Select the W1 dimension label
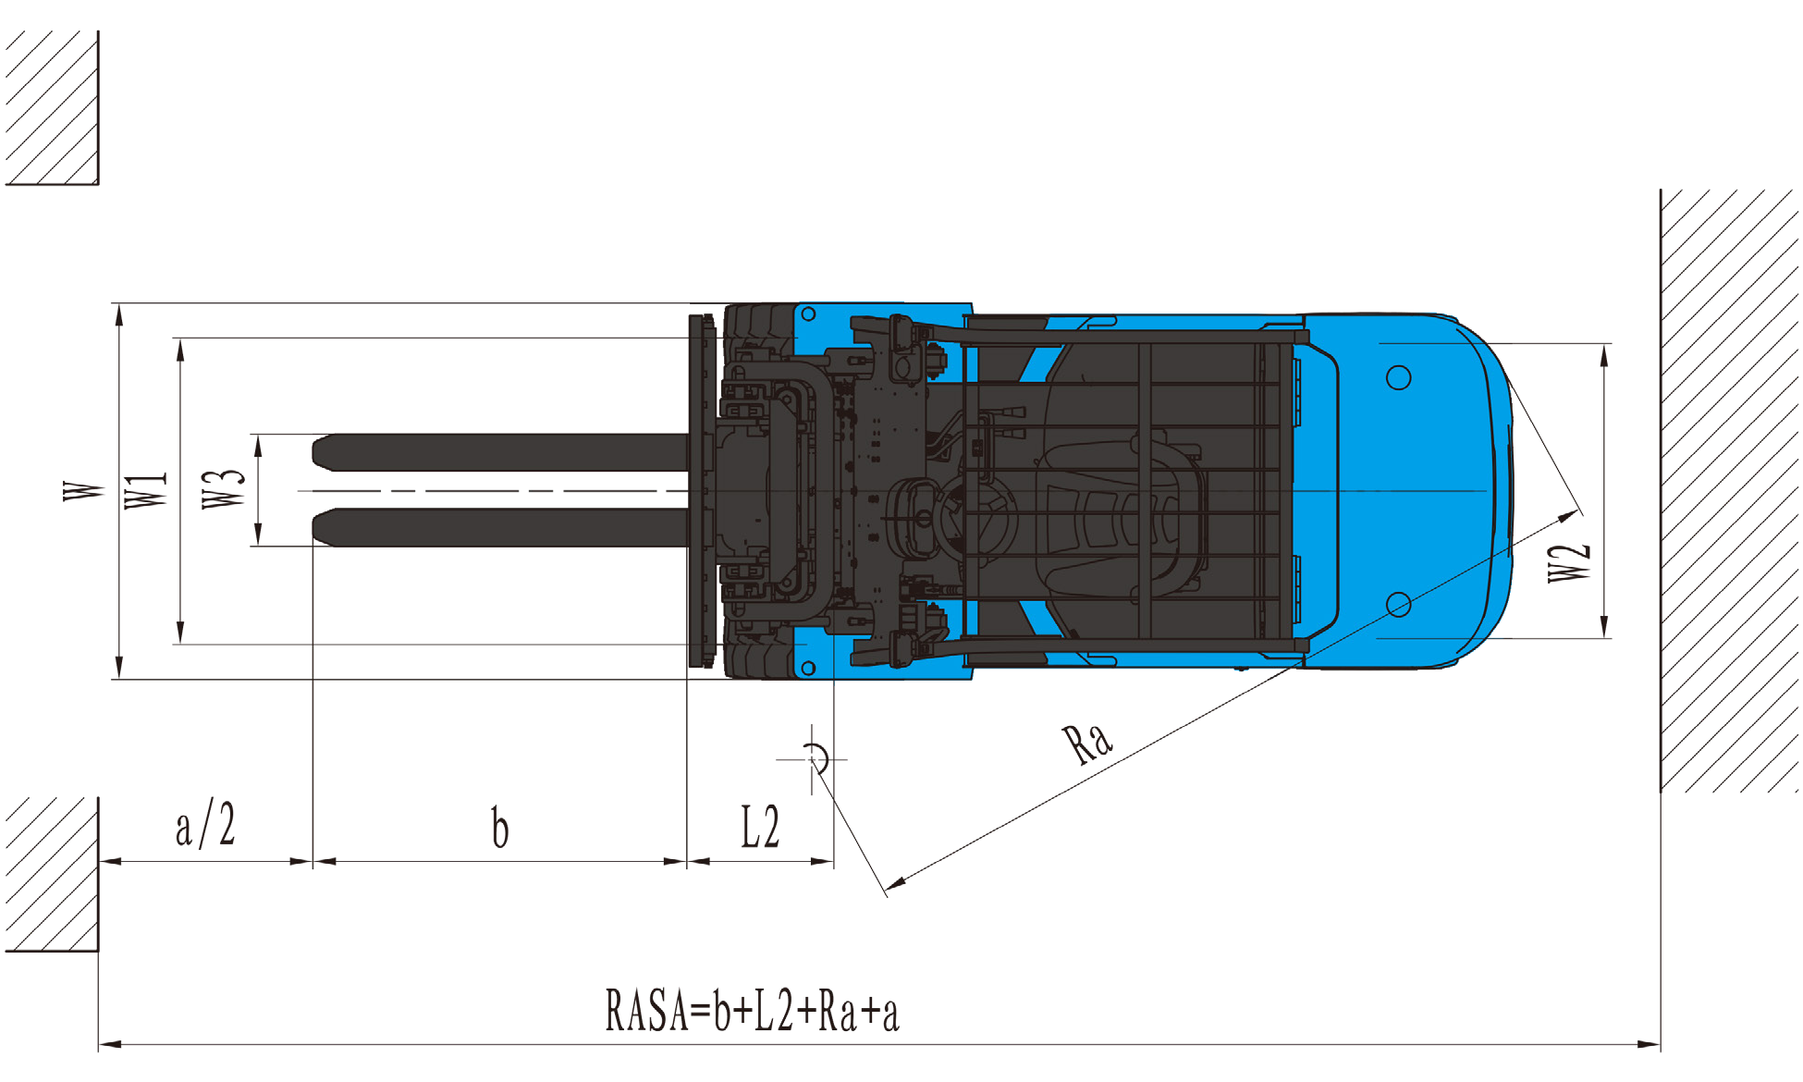146,490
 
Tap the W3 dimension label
224,489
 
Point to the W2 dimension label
1569,562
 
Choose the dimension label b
499,827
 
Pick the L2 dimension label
760,827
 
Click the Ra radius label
1087,742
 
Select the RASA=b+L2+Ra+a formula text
752,1010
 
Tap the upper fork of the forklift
500,452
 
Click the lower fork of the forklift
500,527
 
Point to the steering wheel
978,516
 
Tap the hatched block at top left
52,107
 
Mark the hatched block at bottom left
52,874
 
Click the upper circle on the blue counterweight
1399,377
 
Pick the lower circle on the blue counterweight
1399,605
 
